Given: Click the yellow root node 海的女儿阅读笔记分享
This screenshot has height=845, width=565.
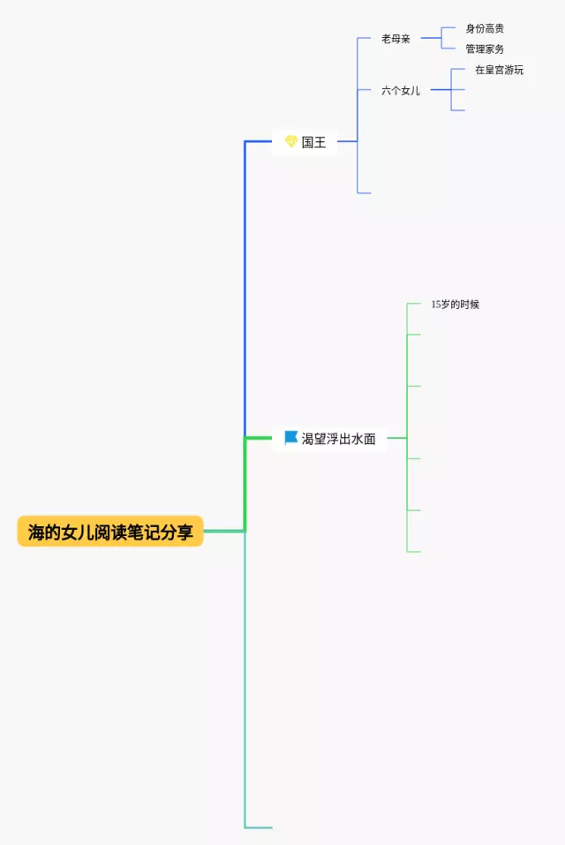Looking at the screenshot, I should click(110, 532).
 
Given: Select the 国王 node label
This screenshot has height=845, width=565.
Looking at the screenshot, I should click(313, 141).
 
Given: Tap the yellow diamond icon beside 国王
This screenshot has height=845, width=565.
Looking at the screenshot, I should click(291, 141).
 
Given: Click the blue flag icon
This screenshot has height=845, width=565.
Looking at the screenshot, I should click(291, 437).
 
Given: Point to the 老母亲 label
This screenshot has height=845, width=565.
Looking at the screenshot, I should click(395, 39).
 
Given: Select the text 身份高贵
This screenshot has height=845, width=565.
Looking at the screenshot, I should click(485, 29).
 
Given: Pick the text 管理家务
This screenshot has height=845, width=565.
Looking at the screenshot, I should click(485, 49).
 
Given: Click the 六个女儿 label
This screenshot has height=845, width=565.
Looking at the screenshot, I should click(401, 90).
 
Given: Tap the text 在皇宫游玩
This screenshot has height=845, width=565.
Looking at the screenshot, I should click(499, 70).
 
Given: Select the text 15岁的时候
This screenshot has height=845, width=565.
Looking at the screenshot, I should click(455, 305).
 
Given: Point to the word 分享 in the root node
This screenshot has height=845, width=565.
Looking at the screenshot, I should click(180, 532).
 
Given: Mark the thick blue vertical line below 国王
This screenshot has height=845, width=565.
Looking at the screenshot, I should click(245, 291).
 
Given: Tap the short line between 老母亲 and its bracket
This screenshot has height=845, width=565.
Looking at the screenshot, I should click(431, 39).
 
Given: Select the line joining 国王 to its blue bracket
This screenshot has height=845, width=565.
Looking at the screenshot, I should click(347, 141).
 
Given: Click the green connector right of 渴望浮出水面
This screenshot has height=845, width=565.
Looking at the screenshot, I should click(396, 438).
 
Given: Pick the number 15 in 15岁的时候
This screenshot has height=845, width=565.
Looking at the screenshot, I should click(436, 305).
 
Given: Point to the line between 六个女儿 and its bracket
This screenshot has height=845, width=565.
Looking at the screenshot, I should click(441, 90).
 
